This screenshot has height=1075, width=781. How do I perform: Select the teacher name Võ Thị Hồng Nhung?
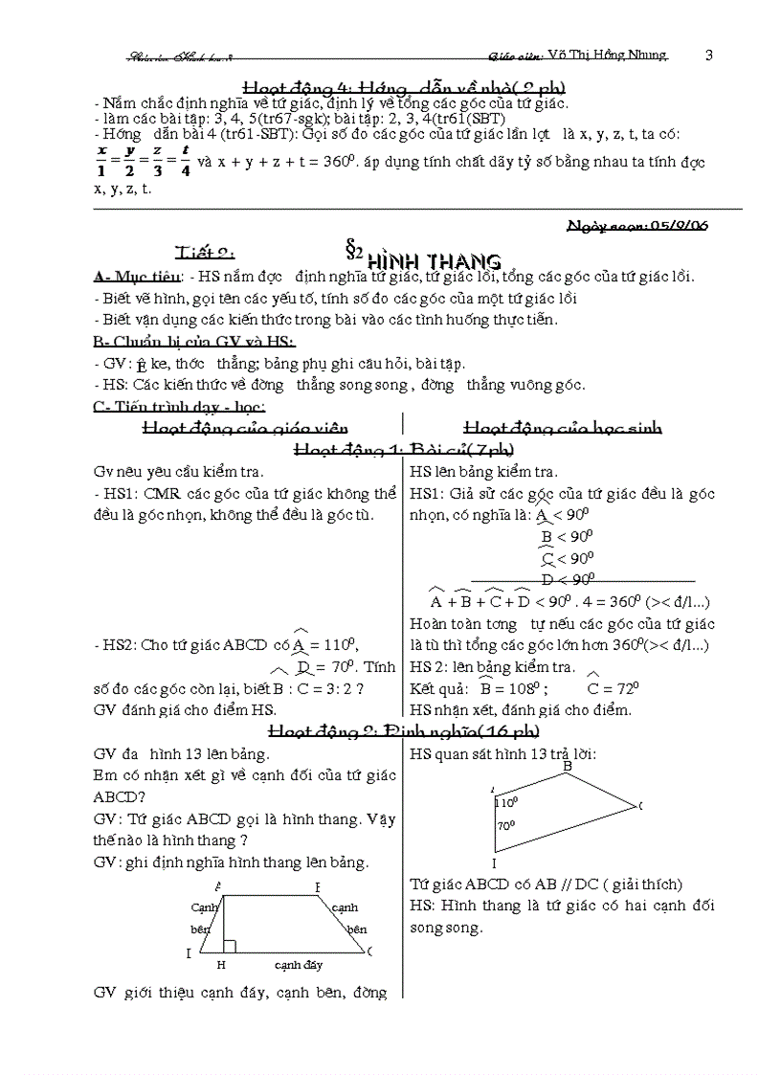602,56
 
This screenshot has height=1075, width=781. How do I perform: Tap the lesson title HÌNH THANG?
435,260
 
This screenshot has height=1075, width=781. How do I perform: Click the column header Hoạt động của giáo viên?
244,428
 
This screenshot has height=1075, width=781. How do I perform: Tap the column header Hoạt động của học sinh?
562,428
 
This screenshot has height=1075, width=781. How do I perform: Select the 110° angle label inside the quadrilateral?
507,802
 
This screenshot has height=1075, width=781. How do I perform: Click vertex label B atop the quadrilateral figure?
568,767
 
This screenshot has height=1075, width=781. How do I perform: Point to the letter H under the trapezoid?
220,965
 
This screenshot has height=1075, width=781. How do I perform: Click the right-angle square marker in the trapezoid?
229,947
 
